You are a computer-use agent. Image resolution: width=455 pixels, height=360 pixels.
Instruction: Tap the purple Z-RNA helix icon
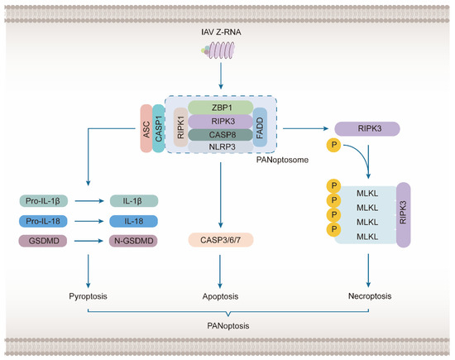[x=220, y=55]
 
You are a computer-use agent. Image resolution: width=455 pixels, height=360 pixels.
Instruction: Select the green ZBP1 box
[x=220, y=107]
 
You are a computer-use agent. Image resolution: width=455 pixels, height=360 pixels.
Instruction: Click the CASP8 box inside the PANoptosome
[x=220, y=134]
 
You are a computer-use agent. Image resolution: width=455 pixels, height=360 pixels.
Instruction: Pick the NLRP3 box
[x=220, y=146]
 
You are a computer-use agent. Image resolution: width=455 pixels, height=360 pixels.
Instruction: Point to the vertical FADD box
[x=261, y=127]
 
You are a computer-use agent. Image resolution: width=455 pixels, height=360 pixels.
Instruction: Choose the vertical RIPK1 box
[x=180, y=127]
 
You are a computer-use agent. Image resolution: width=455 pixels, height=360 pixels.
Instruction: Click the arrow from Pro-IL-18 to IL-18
[x=88, y=221]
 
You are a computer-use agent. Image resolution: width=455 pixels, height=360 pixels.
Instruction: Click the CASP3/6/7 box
[x=220, y=241]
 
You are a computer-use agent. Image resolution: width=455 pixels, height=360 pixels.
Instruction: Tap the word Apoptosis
[x=220, y=295]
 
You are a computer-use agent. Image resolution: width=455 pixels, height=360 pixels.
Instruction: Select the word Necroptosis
[x=369, y=295]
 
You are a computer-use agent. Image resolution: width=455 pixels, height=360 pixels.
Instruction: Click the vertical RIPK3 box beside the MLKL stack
[x=405, y=215]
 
